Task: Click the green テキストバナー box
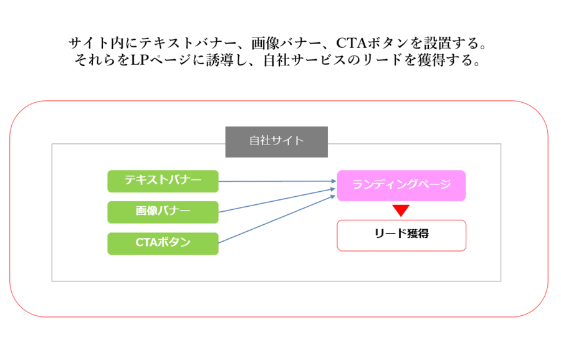(x=163, y=181)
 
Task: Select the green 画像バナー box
(x=163, y=212)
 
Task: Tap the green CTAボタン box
(x=163, y=244)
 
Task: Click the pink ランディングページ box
(x=401, y=186)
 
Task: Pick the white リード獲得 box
(x=401, y=235)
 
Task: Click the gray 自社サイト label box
(x=277, y=142)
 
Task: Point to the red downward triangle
(x=401, y=211)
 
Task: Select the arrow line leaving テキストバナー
(x=277, y=181)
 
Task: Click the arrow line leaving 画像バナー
(x=277, y=201)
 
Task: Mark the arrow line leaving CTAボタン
(x=277, y=219)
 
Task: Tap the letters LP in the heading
(x=140, y=60)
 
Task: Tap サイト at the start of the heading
(x=89, y=43)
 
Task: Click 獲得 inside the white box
(x=418, y=234)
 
